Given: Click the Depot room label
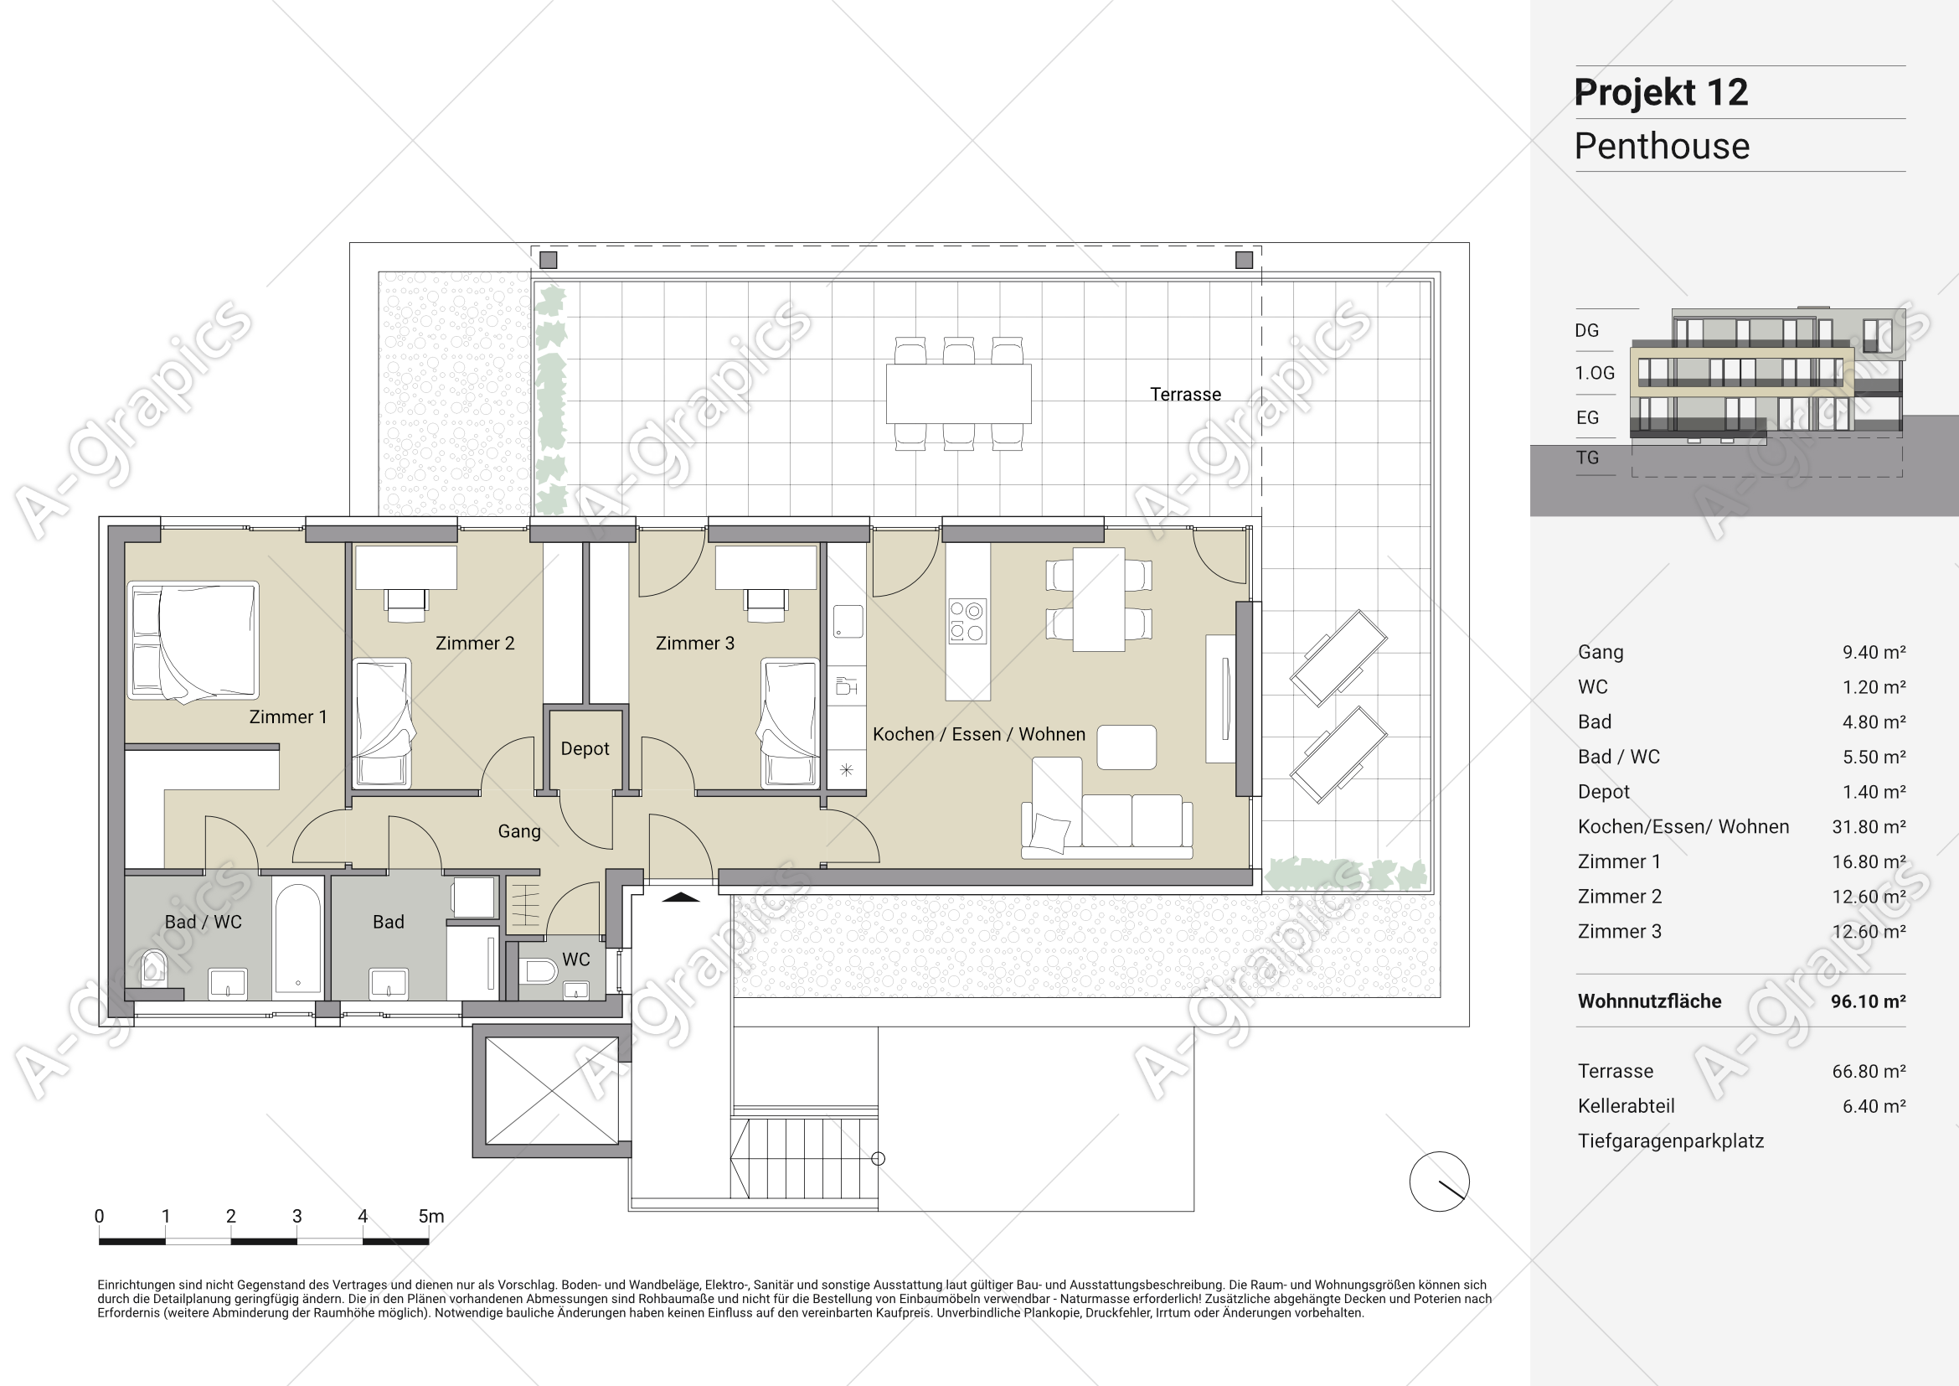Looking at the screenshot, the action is point(585,748).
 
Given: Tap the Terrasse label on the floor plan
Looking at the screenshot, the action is point(1185,395).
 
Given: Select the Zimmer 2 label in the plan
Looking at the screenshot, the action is point(475,644).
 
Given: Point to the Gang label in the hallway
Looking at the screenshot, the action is point(518,831).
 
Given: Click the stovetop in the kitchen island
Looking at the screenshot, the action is point(967,620).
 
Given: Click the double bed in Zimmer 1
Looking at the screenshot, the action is point(193,641).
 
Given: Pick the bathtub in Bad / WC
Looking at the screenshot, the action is point(298,938).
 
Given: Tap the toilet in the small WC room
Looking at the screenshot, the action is point(539,970).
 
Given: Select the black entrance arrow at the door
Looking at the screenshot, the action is point(680,897).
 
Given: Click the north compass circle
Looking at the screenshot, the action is point(1440,1182).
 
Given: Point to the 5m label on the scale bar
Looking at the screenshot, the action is point(430,1216).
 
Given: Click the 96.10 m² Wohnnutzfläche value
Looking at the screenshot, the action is point(1868,1001).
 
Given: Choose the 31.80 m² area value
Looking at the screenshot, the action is point(1869,827).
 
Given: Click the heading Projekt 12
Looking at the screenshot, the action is point(1660,92).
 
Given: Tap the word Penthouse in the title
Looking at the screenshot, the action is point(1661,146).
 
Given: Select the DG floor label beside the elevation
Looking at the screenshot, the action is point(1587,330).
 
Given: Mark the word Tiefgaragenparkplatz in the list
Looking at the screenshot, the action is point(1671,1141).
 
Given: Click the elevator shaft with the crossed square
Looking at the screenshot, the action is point(552,1091).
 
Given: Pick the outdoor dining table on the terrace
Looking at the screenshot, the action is point(958,394).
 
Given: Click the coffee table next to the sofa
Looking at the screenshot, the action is point(1126,747).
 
